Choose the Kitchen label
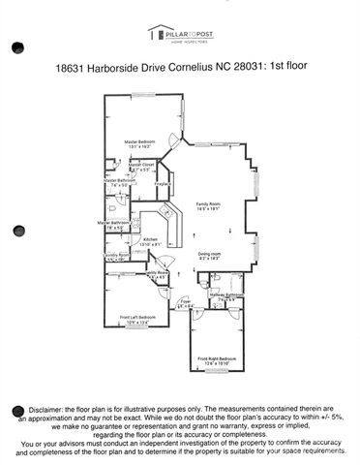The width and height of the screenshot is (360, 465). pos(150,239)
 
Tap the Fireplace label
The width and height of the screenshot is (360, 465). pos(163,182)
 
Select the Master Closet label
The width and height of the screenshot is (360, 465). pos(142,165)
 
